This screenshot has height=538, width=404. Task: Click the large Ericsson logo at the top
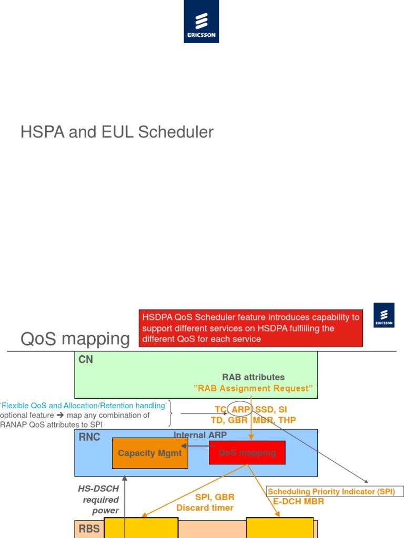201,22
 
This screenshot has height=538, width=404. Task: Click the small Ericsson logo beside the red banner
383,315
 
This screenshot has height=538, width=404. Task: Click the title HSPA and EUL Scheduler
117,132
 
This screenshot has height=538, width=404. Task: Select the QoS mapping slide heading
75,339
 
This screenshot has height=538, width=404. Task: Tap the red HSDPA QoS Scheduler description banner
251,328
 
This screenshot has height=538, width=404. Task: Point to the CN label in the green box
85,360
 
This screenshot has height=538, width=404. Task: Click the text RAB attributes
253,377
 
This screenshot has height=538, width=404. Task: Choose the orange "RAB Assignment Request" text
253,388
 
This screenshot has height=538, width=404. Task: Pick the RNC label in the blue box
89,437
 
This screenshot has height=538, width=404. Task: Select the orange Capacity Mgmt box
150,453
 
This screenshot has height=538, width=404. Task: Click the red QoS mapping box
247,453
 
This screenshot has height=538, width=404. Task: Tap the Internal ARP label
197,435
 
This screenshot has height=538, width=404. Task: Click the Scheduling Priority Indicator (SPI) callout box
336,492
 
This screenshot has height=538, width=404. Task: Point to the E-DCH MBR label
298,501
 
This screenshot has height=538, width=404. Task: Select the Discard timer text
205,508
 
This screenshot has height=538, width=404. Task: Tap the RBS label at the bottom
89,529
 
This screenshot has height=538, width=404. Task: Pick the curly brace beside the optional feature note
170,413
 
